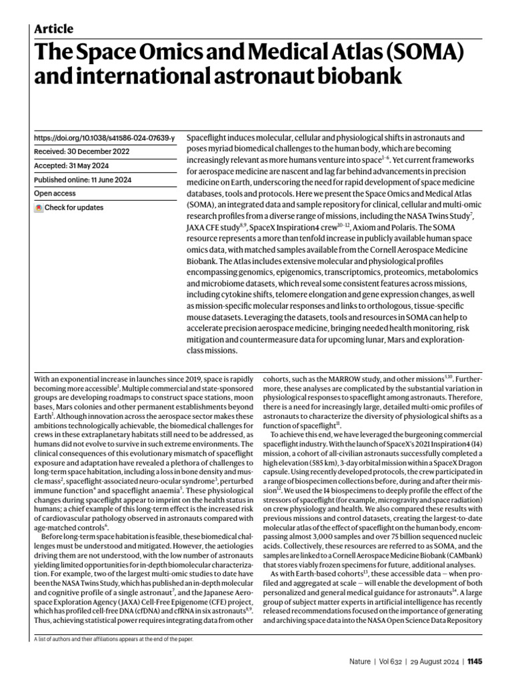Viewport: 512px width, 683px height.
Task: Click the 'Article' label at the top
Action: point(53,29)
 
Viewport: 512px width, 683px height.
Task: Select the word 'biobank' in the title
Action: point(351,77)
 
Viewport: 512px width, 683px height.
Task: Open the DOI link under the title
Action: point(104,138)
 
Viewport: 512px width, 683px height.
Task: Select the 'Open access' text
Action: point(56,193)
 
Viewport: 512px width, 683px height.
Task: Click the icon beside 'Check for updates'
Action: point(39,207)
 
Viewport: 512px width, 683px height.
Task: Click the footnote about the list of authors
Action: point(113,639)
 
